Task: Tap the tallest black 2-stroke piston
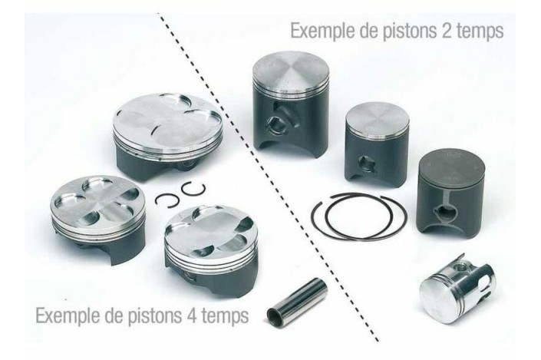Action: (x=286, y=104)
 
